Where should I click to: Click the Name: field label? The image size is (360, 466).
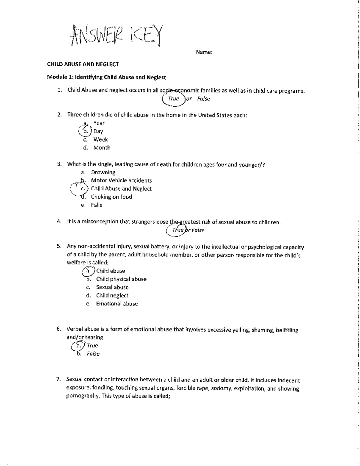pyautogui.click(x=204, y=52)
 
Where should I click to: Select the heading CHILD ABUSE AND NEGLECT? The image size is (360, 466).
pyautogui.click(x=83, y=64)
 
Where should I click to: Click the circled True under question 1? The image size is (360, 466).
pyautogui.click(x=173, y=99)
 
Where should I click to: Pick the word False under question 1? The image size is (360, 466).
pyautogui.click(x=203, y=99)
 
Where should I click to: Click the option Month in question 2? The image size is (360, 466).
pyautogui.click(x=102, y=148)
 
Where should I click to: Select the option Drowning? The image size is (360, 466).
pyautogui.click(x=103, y=172)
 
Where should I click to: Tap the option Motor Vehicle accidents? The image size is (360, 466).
pyautogui.click(x=121, y=180)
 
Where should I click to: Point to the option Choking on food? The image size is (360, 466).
pyautogui.click(x=111, y=197)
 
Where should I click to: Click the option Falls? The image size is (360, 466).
pyautogui.click(x=97, y=205)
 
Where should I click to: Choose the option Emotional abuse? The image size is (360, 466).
pyautogui.click(x=117, y=304)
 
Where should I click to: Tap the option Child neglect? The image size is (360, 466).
pyautogui.click(x=112, y=296)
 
